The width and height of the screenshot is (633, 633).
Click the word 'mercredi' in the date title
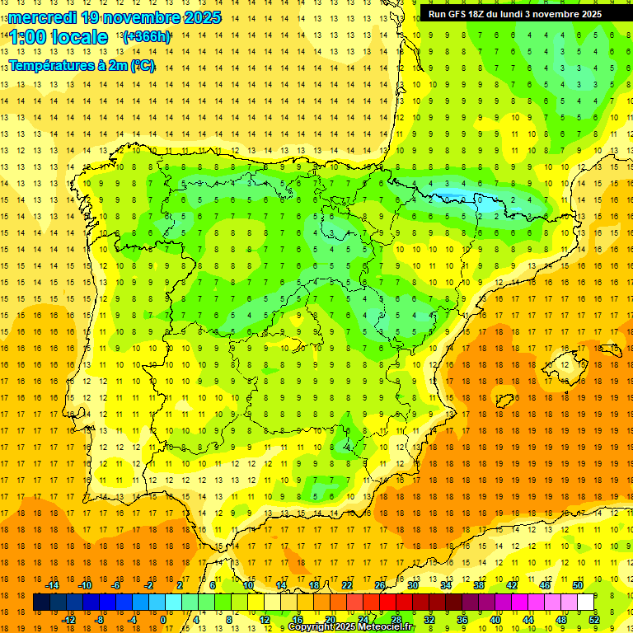40,16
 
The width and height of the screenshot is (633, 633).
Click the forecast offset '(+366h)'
147,36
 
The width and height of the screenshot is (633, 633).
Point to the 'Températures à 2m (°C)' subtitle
82,66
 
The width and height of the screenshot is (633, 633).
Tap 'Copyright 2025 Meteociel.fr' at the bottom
351,627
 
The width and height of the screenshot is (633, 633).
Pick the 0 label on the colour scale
163,620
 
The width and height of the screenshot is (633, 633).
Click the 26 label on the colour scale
380,585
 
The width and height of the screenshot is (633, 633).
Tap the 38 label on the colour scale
479,585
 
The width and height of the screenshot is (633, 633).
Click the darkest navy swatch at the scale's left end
41,603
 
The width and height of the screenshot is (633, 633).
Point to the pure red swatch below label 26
388,603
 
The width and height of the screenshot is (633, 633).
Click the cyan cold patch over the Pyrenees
462,199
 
